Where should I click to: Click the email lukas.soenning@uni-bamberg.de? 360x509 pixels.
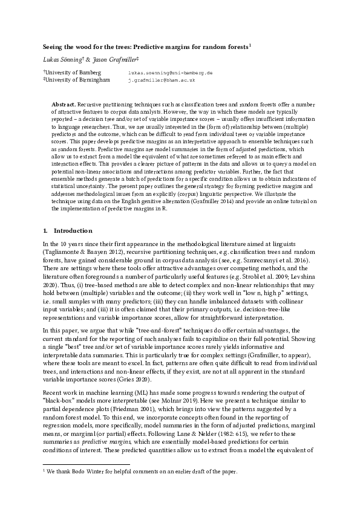click(x=170, y=72)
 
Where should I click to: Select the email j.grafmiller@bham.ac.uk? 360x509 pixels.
click(x=162, y=79)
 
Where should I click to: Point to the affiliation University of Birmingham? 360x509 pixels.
click(x=79, y=79)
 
